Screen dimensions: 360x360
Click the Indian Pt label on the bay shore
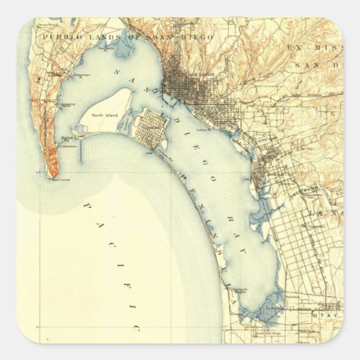202,128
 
